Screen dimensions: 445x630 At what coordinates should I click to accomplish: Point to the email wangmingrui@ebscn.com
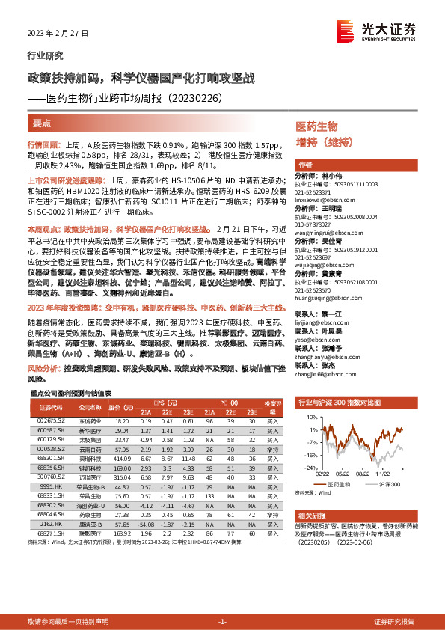click(x=328, y=234)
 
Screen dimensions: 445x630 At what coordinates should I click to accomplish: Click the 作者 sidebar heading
click(x=305, y=165)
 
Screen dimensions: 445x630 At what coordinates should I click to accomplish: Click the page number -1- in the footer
click(x=222, y=621)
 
